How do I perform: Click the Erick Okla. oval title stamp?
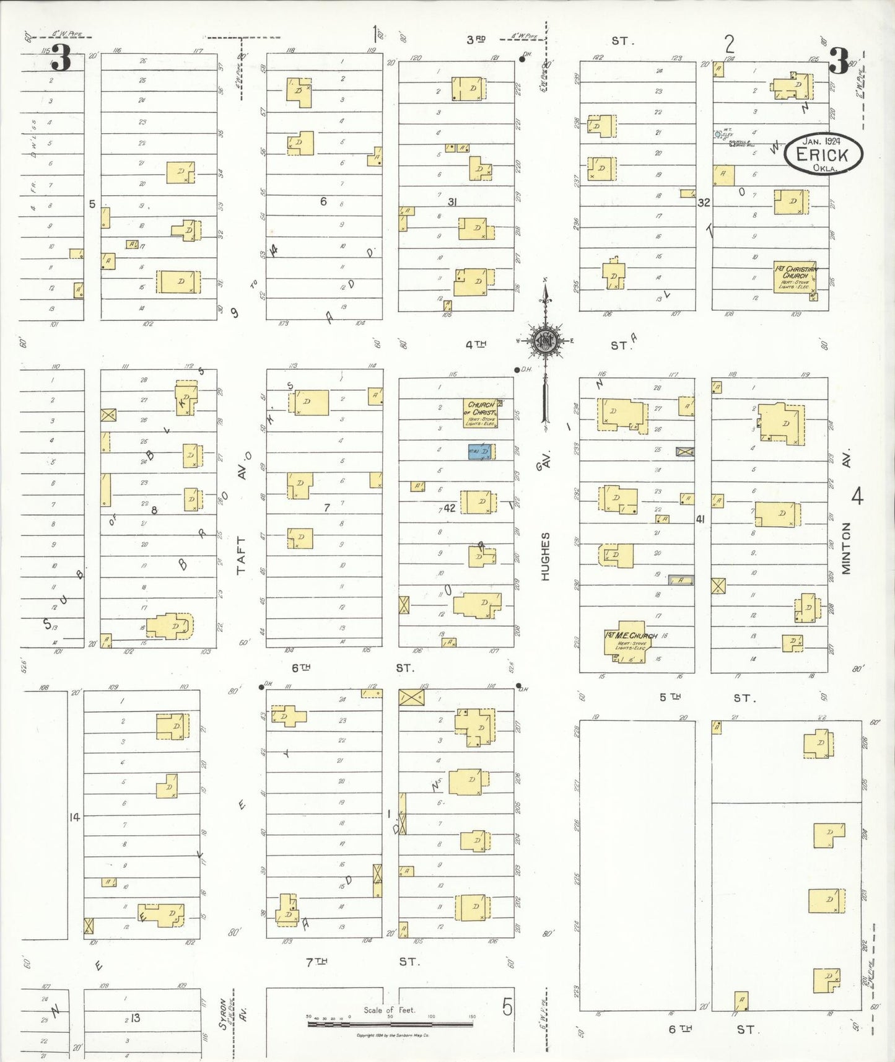coord(823,154)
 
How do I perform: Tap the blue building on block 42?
coord(480,452)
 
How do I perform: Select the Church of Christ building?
coord(481,413)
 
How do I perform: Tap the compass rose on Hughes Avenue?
coord(545,341)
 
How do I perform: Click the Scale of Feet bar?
coord(390,1024)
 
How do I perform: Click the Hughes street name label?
coord(545,556)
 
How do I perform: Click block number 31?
coord(452,202)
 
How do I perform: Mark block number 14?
coord(75,817)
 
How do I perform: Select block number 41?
coord(701,519)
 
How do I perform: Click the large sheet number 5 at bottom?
coord(507,1007)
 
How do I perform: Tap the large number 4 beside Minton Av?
coord(857,496)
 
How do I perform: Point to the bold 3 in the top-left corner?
coord(61,59)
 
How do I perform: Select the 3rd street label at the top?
coord(476,40)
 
